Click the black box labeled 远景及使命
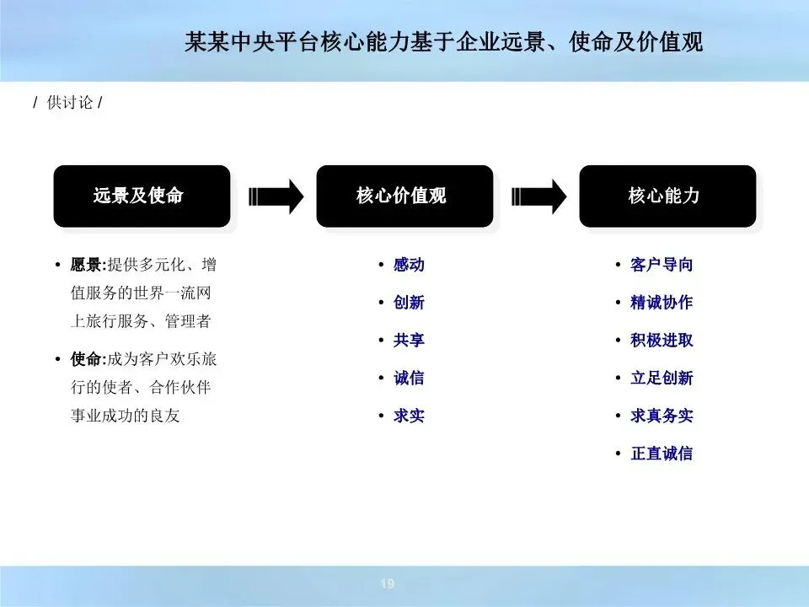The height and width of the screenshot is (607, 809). point(142,196)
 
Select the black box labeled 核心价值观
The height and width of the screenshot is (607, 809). point(404,196)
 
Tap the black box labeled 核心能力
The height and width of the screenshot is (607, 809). point(667,196)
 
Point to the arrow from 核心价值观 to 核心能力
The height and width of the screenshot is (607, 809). point(539,196)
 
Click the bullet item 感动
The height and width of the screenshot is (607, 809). point(409,265)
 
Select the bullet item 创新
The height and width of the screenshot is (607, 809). point(409,303)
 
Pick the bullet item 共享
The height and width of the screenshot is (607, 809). point(409,341)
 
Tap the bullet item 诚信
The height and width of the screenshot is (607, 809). point(409,378)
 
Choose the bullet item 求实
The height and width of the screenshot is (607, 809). point(409,416)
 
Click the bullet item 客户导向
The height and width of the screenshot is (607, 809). point(662,265)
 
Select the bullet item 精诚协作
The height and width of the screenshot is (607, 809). point(662,303)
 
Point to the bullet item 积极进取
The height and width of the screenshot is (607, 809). point(662,341)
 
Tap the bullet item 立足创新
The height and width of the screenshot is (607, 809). point(662,378)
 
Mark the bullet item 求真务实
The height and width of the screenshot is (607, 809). point(662,416)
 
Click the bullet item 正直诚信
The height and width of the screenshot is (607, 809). point(662,454)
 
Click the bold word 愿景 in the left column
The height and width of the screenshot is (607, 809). point(85,265)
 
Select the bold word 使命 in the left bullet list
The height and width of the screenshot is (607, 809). point(85,359)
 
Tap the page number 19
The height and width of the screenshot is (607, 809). point(388,584)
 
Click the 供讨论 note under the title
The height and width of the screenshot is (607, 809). point(67,104)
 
